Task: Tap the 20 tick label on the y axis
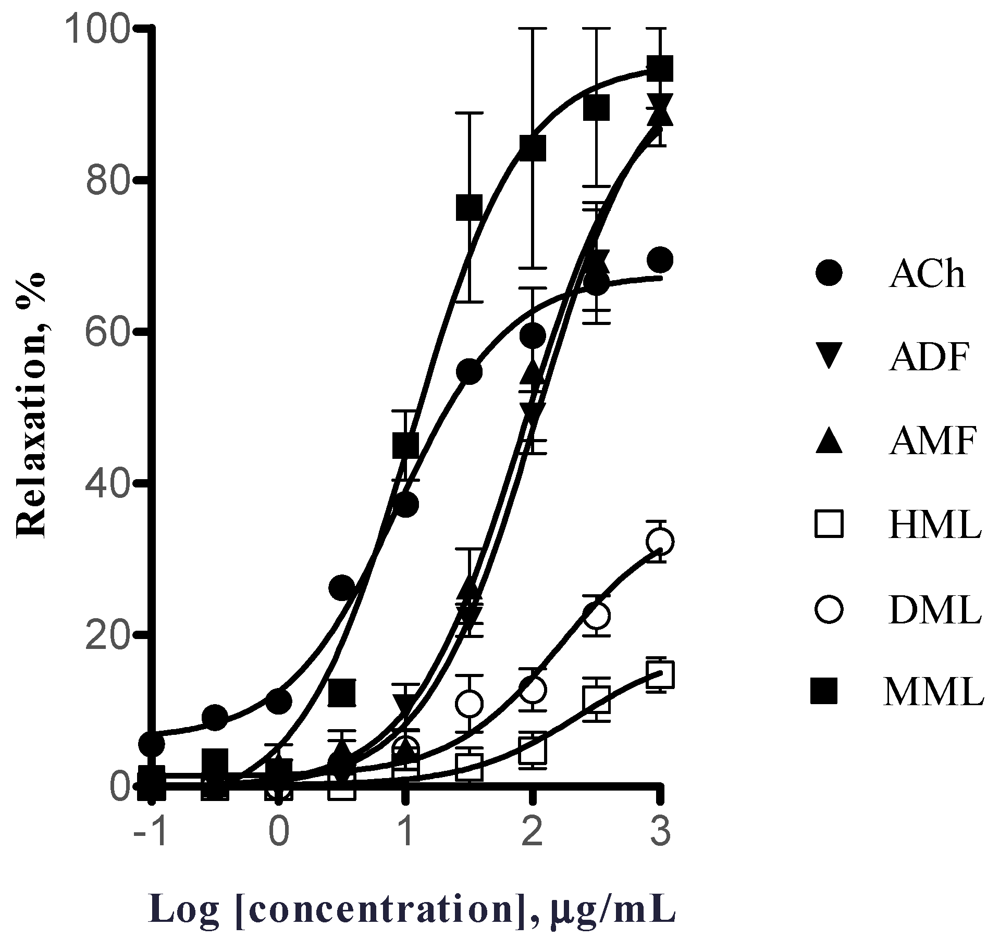click(x=107, y=635)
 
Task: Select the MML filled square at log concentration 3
click(x=660, y=69)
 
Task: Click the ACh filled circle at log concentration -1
click(x=152, y=743)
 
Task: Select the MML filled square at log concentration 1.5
click(x=470, y=207)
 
